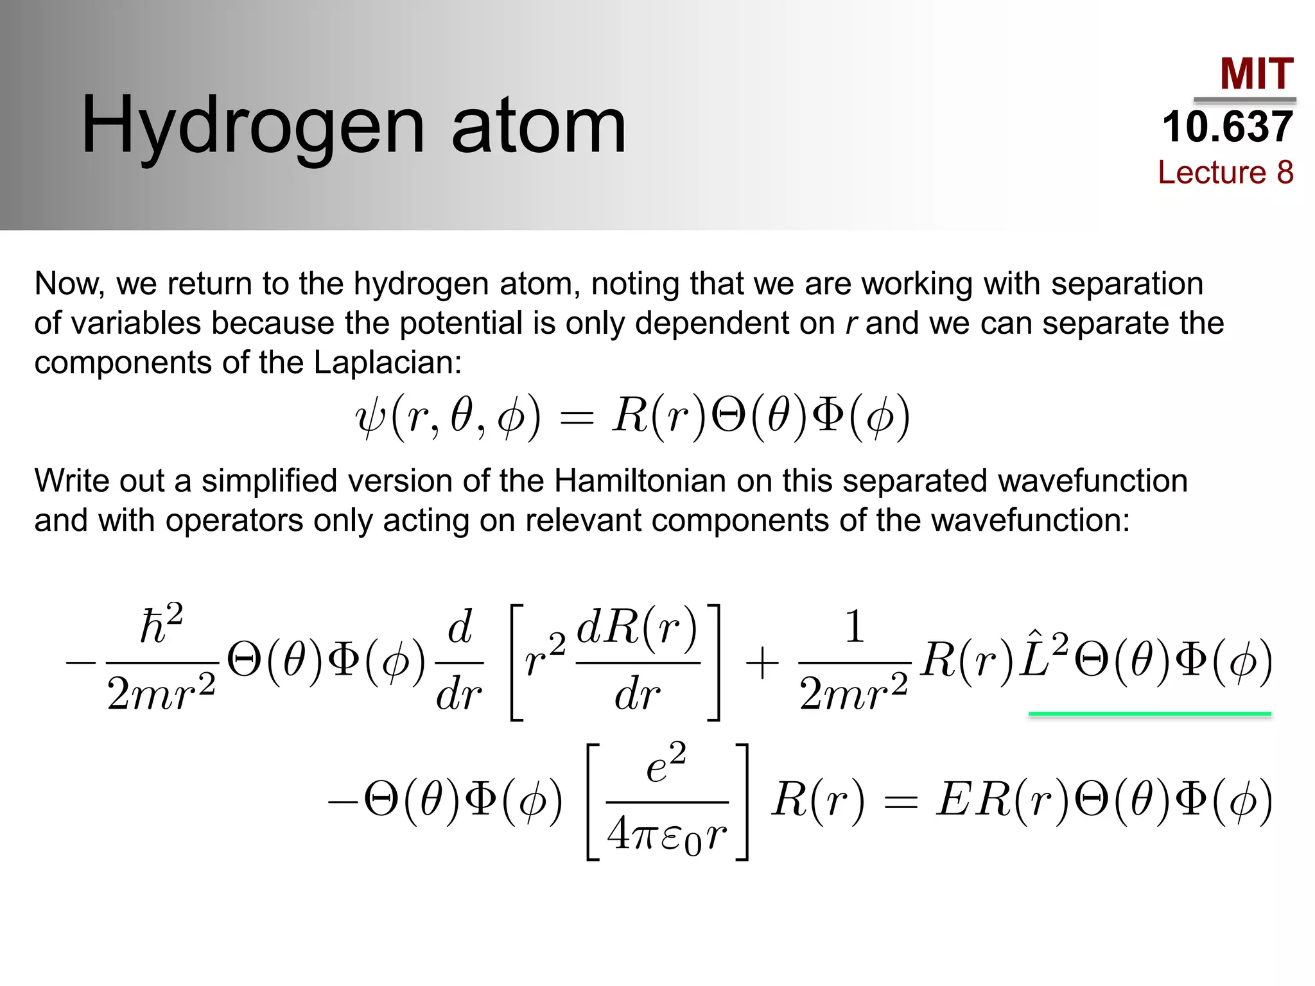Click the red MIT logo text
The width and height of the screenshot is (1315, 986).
coord(1257,74)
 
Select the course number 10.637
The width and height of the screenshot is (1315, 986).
coord(1227,126)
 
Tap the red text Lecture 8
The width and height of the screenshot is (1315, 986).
coord(1225,172)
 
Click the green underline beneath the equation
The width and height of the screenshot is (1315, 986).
coord(1149,714)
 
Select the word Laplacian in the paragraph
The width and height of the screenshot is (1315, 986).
coord(387,363)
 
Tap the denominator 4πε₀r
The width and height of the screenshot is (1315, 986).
coord(667,835)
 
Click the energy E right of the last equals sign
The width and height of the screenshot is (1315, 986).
coord(955,800)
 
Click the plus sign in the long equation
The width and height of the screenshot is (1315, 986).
coord(762,663)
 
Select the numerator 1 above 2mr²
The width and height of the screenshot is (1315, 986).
coord(853,627)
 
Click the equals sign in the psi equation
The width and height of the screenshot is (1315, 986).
coord(577,418)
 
